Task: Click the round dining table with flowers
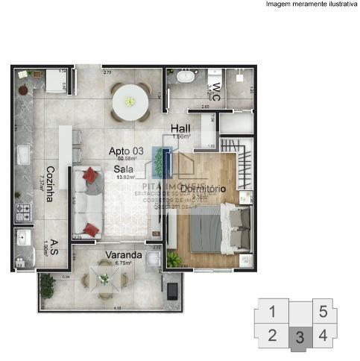click(x=130, y=100)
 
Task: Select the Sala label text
click(x=124, y=169)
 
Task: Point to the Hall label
click(x=180, y=128)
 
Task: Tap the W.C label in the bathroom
click(x=216, y=91)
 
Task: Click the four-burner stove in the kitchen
click(x=22, y=213)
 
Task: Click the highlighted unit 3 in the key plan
click(x=299, y=337)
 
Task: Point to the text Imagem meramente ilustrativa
click(x=311, y=4)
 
